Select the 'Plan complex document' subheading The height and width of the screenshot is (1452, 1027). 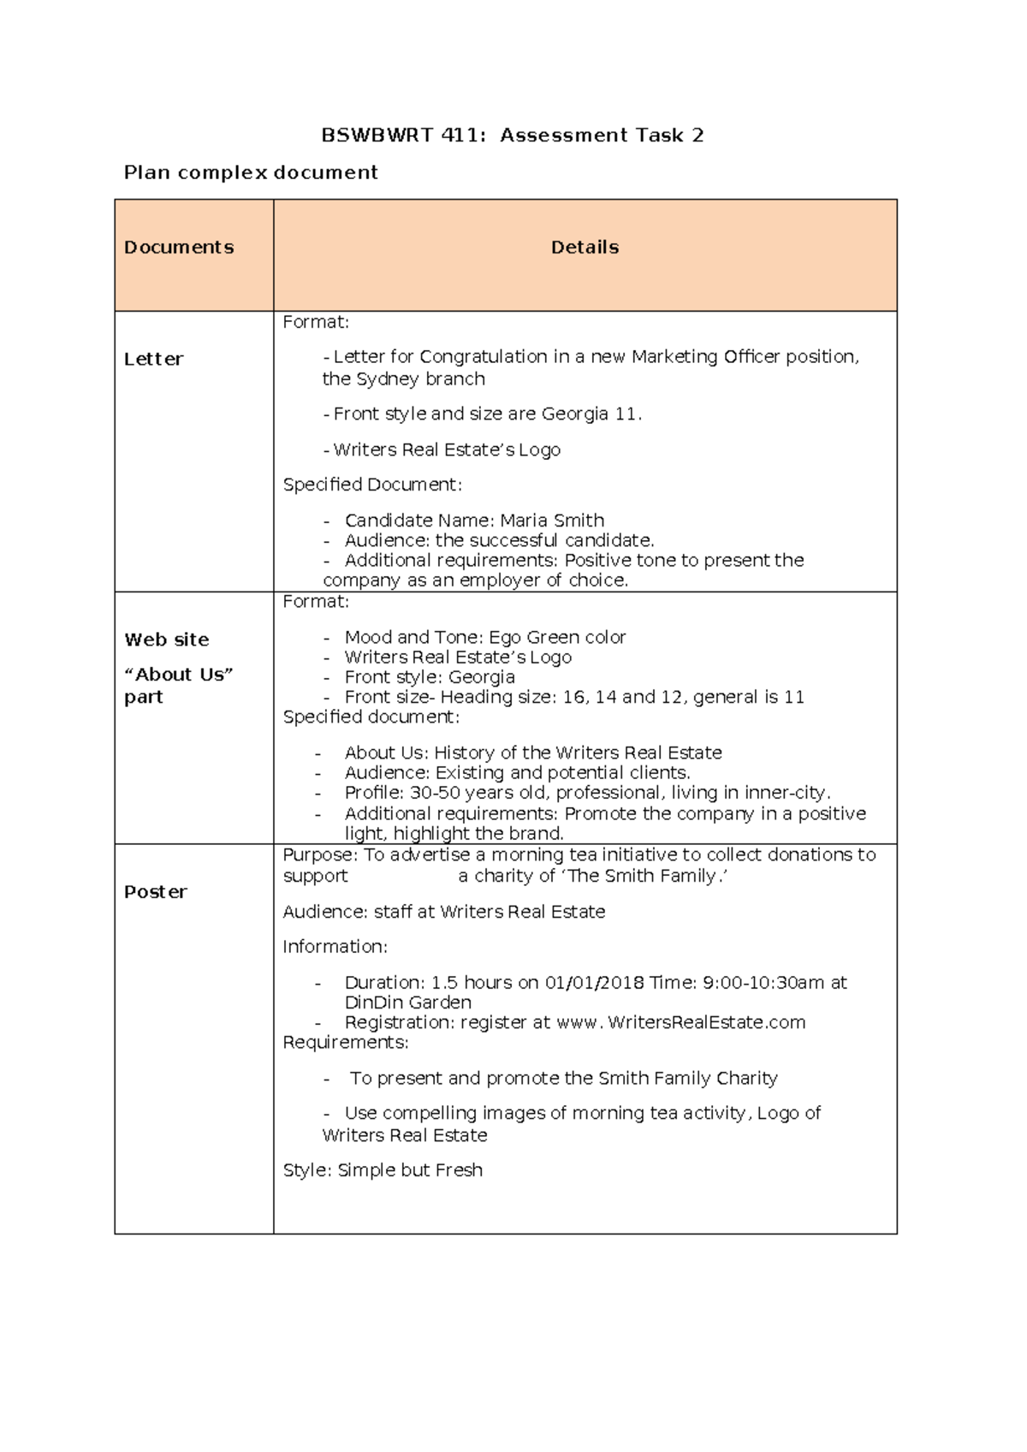pos(251,173)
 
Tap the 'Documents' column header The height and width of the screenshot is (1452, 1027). pos(179,247)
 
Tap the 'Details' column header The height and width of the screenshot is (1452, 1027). pos(585,247)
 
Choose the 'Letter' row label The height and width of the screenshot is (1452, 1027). pos(153,360)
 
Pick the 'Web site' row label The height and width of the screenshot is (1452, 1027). pos(167,640)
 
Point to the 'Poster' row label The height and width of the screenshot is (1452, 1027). pos(155,892)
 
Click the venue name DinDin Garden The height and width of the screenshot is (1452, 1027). pos(407,1003)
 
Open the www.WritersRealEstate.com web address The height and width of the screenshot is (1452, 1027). pos(681,1022)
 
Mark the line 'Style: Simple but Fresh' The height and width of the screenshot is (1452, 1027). pos(383,1170)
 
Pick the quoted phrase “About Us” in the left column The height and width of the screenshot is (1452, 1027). pos(179,675)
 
